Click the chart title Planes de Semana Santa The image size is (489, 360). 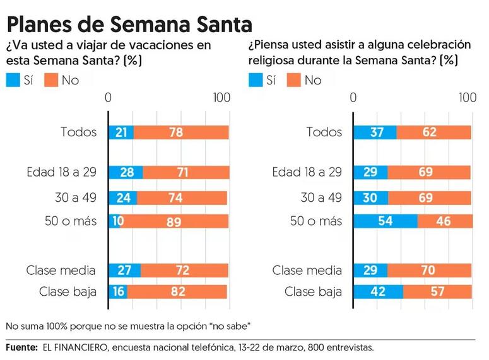pos(129,24)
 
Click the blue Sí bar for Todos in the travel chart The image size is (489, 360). pos(121,132)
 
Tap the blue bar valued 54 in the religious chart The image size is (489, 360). pos(385,221)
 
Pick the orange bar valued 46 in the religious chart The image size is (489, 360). pos(445,221)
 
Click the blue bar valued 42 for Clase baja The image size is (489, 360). pos(378,292)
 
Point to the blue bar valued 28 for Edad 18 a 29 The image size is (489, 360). pos(126,173)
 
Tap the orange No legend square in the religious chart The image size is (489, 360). pos(293,80)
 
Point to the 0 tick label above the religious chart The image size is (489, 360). pos(353,98)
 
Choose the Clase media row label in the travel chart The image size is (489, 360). pos(61,270)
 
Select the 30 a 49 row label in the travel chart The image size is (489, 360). pos(76,197)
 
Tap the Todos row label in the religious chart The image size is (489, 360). pos(324,132)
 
